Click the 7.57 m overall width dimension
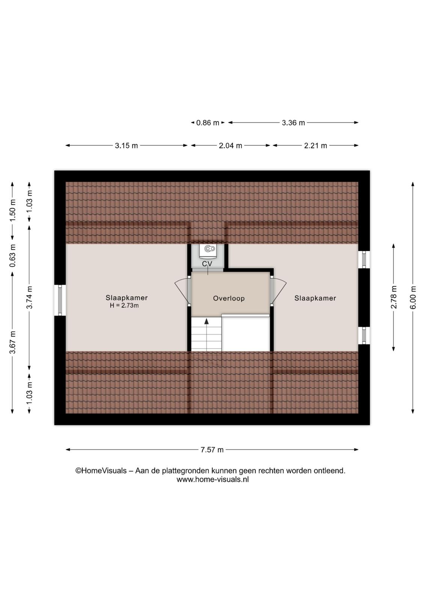(x=212, y=450)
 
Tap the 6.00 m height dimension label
(x=413, y=297)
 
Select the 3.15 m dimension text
(x=126, y=146)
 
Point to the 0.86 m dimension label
(x=208, y=123)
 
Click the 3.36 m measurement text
(x=293, y=123)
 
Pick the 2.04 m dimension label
(x=230, y=146)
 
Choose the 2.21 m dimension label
(x=315, y=146)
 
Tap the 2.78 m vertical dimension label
(x=393, y=297)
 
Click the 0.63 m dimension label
(x=13, y=255)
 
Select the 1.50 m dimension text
(x=13, y=210)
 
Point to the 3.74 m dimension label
(x=30, y=297)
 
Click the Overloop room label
(x=229, y=298)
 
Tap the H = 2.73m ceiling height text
(x=124, y=305)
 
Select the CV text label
(x=207, y=264)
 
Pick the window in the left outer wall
(x=60, y=300)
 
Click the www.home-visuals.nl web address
(x=212, y=479)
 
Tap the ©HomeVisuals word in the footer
(x=101, y=471)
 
